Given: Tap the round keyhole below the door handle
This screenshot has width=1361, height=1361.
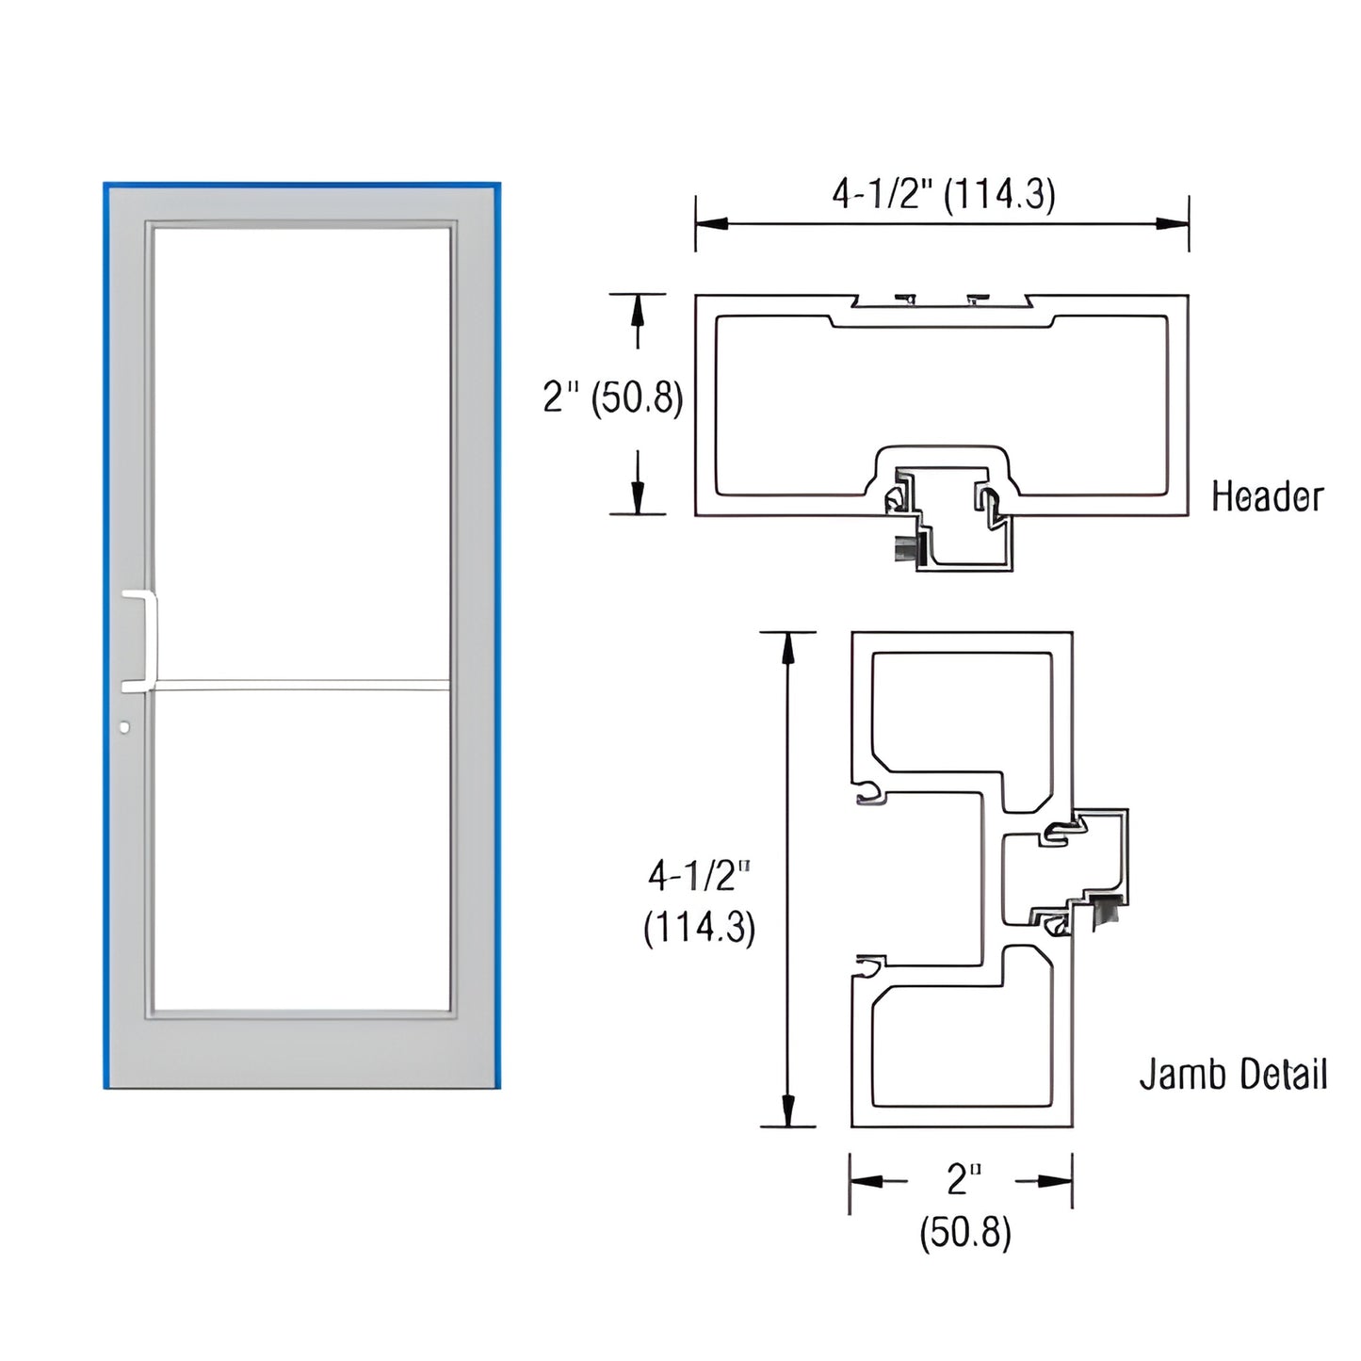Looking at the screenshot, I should coord(125,727).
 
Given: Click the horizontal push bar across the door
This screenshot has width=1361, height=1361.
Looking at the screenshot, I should coord(300,684).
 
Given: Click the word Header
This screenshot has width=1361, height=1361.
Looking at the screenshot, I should coord(1267,496).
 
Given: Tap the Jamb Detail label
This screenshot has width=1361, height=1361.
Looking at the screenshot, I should coord(1233,1074).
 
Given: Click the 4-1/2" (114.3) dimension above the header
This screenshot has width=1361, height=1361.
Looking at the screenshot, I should coord(943,194).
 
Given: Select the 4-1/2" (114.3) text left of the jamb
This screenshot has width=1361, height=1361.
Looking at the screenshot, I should coord(699,901).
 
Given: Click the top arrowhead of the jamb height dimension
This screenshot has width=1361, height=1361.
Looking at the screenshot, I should coord(787,646).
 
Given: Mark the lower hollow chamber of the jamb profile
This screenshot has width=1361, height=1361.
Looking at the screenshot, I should coord(961,1045).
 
